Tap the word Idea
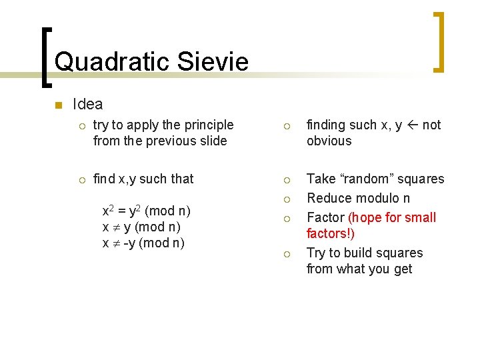pyautogui.click(x=87, y=104)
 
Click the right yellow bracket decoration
pyautogui.click(x=439, y=41)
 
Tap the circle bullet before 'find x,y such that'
pyautogui.click(x=81, y=179)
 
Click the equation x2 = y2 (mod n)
pyautogui.click(x=145, y=211)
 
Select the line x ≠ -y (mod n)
pyautogui.click(x=143, y=243)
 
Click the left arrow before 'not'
pyautogui.click(x=412, y=125)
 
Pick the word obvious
pyautogui.click(x=329, y=141)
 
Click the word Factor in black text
pyautogui.click(x=325, y=217)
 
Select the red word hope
pyautogui.click(x=365, y=217)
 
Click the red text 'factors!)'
pyautogui.click(x=330, y=233)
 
